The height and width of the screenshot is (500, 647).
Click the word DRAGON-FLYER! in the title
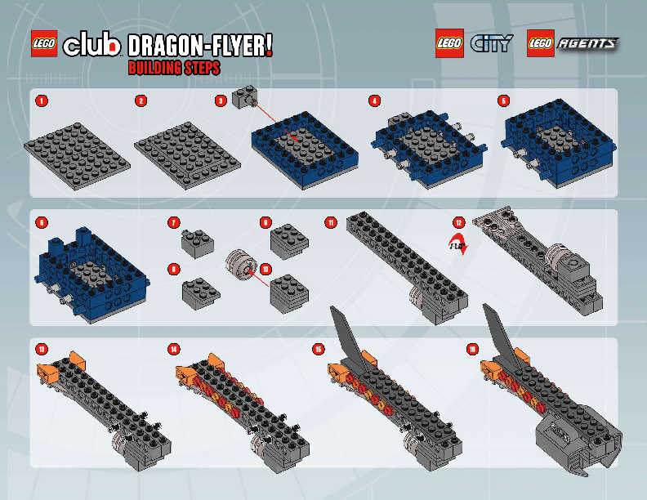click(x=200, y=46)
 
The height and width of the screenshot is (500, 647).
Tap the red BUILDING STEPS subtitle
click(x=173, y=69)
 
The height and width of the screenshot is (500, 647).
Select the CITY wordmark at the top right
click(x=492, y=44)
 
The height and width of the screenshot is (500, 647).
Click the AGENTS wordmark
click(x=587, y=44)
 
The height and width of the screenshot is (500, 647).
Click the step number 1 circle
click(x=41, y=100)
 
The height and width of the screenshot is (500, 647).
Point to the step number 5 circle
click(x=503, y=100)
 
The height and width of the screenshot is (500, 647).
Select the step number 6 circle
click(x=41, y=221)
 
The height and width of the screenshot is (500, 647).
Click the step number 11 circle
click(x=330, y=221)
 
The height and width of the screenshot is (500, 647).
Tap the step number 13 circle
click(x=41, y=349)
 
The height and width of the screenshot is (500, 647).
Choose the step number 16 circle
click(x=472, y=349)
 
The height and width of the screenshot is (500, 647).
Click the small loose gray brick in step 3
click(x=243, y=98)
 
